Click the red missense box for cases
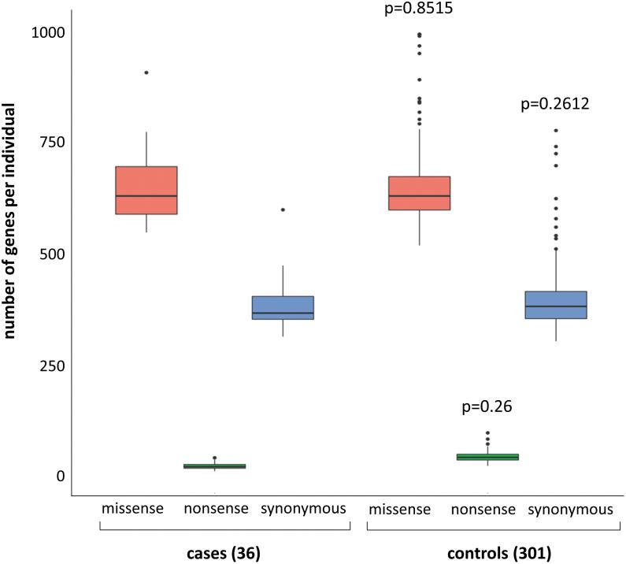[x=146, y=190]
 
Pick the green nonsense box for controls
[x=487, y=457]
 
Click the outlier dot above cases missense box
[x=146, y=72]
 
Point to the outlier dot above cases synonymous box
[x=283, y=210]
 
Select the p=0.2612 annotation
[x=556, y=103]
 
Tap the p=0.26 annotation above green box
[x=487, y=407]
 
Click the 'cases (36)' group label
[x=225, y=554]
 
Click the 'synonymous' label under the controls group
[x=569, y=509]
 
